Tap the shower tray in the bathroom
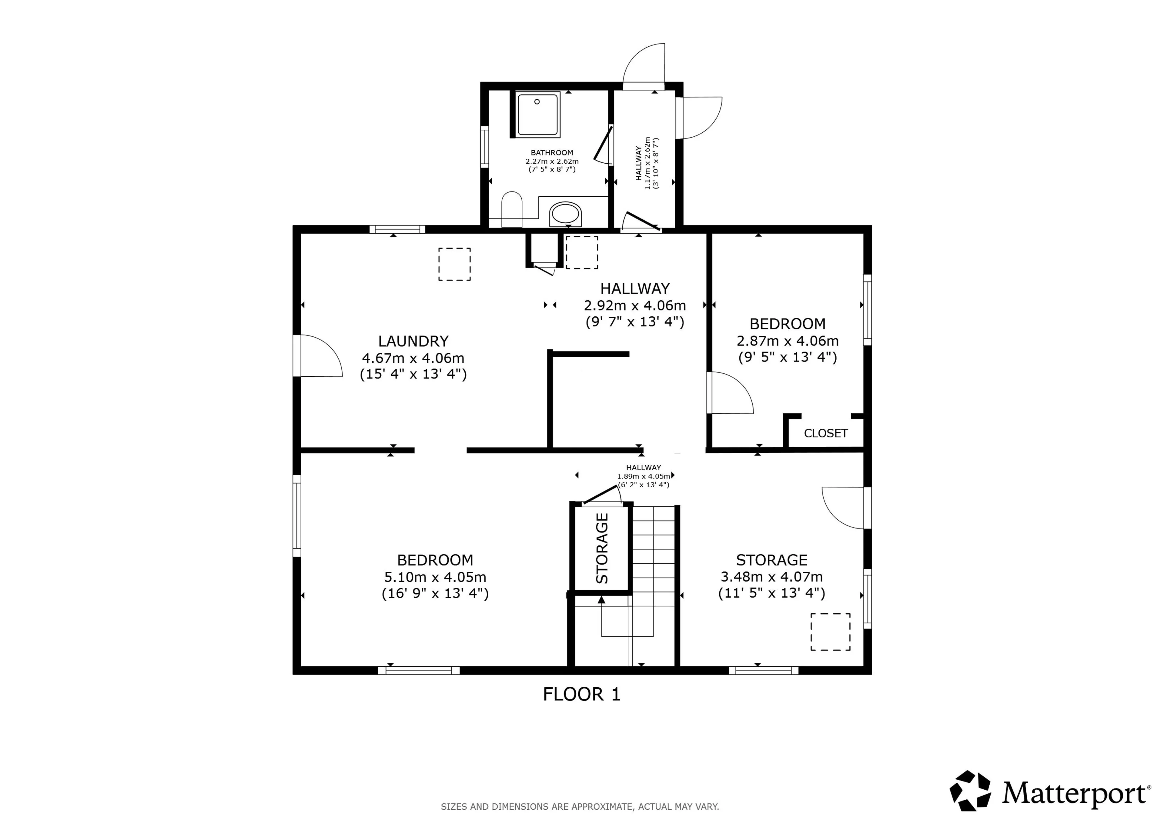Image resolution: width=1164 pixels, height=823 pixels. [x=538, y=115]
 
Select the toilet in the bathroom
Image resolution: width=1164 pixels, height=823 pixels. [x=512, y=209]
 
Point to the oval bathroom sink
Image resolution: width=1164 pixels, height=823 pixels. [x=565, y=214]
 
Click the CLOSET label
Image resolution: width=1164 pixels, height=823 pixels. [x=825, y=433]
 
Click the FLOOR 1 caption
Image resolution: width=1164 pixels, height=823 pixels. [x=581, y=694]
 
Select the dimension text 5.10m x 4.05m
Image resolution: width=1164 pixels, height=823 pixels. [x=435, y=577]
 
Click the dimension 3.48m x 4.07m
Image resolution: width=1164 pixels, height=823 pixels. [x=771, y=577]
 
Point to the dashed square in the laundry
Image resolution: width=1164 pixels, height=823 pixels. [x=454, y=264]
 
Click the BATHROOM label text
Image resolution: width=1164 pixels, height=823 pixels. [x=552, y=152]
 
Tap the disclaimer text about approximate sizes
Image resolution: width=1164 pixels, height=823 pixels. [x=580, y=806]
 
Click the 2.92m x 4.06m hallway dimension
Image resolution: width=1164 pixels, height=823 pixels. [x=635, y=305]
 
